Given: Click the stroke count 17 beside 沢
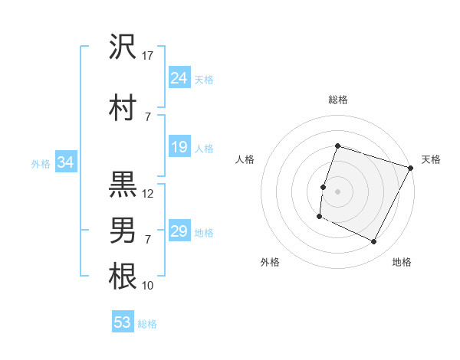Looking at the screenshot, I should (148, 55).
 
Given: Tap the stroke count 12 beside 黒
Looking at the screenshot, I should (148, 194).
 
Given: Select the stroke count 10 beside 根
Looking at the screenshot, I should (148, 286).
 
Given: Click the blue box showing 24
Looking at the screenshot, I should (179, 77).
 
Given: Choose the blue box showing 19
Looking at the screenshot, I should (179, 147).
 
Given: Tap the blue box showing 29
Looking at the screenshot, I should (179, 231).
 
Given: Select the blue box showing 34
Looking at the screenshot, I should (65, 162).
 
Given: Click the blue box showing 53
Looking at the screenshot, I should (123, 322).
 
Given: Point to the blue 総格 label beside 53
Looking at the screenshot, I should (147, 324).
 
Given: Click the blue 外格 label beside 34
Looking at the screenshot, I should (41, 163).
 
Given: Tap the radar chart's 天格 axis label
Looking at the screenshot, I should (431, 159).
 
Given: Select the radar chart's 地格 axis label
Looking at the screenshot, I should (402, 262).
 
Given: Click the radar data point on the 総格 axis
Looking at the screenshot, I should (337, 146).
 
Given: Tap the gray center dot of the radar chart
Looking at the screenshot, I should (337, 191).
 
